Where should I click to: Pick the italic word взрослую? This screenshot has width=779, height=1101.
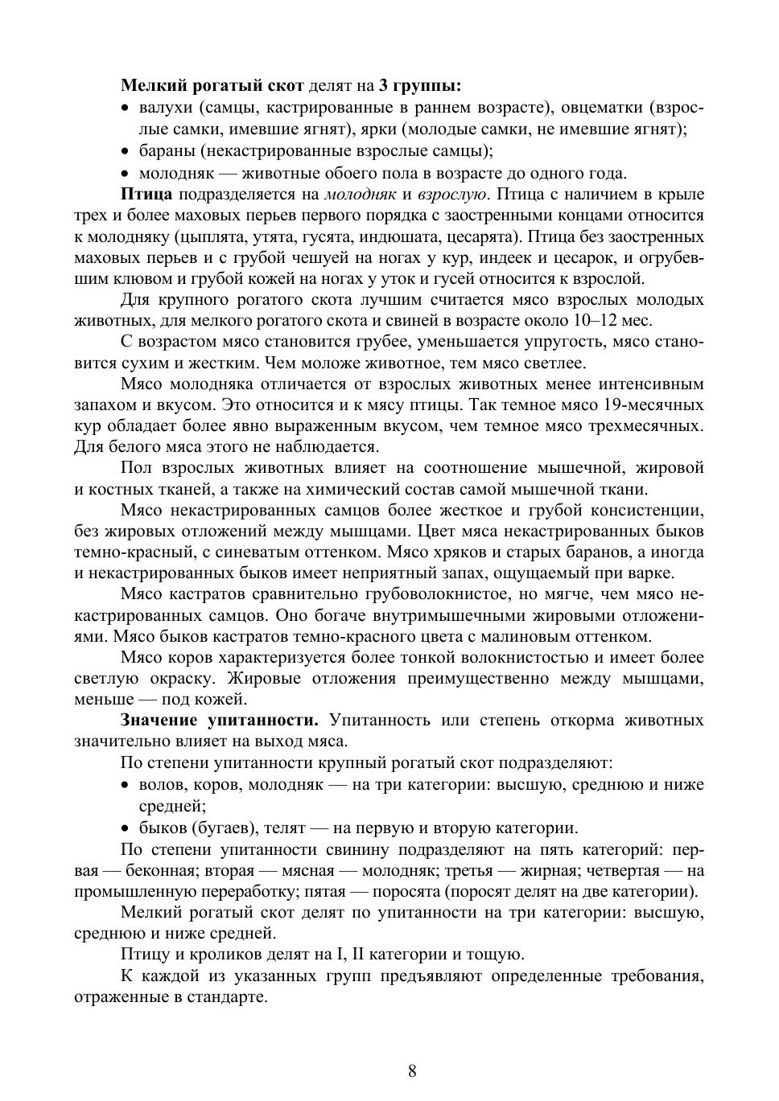coord(454,195)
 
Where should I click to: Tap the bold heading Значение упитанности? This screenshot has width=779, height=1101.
coord(220,720)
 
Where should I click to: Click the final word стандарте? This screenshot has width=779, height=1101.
coord(228,996)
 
